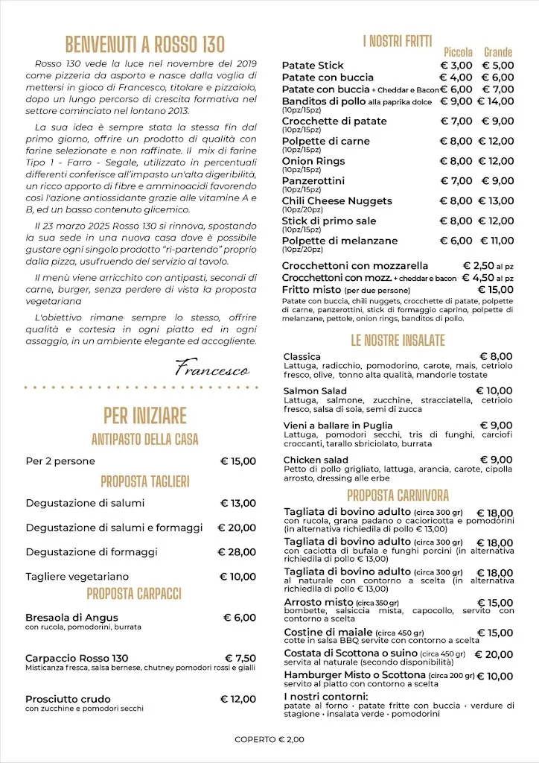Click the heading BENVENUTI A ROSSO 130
pos(144,44)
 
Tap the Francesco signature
pos(212,368)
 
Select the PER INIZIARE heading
pos(144,415)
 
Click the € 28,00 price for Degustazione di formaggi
pos(237,552)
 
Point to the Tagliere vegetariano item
pos(77,577)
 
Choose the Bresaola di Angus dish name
pos(71,618)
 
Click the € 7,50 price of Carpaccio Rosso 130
pos(240,659)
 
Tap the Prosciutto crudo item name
pos(68,699)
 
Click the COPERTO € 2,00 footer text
pos(269,739)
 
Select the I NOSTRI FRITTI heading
pos(398,42)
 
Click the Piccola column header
pos(458,52)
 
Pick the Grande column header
pos(498,52)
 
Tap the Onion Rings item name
pos(313,161)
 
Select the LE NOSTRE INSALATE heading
pos(398,341)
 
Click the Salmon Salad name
pos(315,391)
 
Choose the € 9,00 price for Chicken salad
pos(496,460)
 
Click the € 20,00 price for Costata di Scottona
pos(494,654)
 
